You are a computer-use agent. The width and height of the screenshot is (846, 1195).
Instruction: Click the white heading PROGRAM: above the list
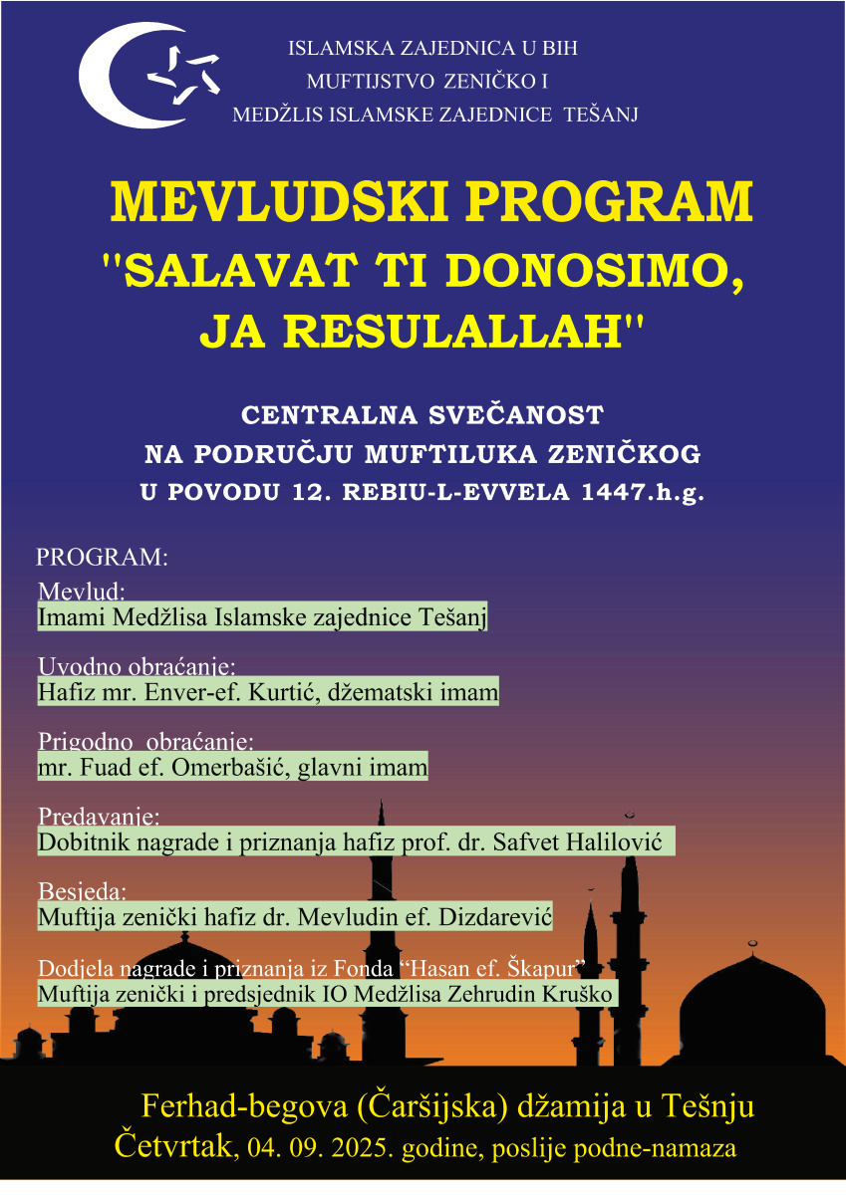(x=101, y=557)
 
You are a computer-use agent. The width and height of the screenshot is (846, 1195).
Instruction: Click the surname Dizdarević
(x=493, y=917)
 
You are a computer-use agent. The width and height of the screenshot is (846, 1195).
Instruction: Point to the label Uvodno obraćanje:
(x=136, y=665)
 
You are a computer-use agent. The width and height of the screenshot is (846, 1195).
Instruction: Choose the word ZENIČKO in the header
(x=491, y=81)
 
